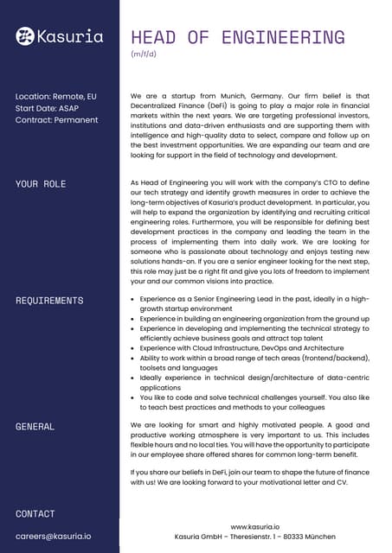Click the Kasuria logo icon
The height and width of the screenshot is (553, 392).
click(26, 35)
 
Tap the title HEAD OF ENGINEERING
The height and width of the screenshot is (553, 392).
click(237, 37)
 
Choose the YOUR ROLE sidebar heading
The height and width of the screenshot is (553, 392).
click(41, 184)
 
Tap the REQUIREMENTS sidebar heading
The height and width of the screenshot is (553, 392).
click(49, 301)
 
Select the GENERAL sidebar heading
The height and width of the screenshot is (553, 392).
click(35, 426)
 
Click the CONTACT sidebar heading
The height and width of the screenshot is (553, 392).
click(35, 513)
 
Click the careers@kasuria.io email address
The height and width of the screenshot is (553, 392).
click(54, 536)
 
